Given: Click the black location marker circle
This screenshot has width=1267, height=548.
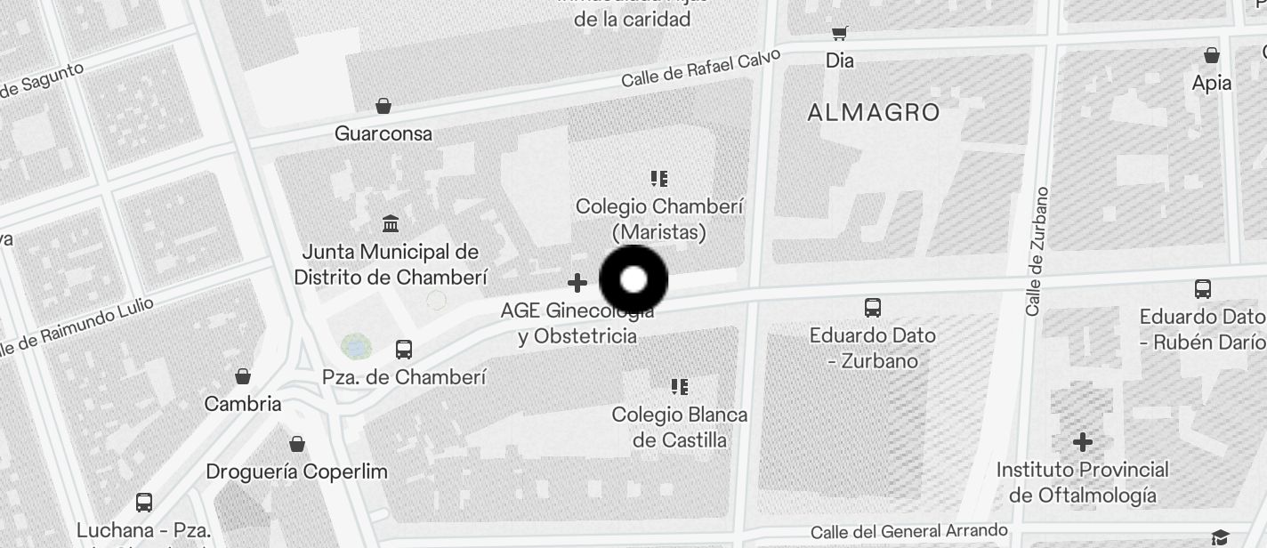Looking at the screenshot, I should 633,279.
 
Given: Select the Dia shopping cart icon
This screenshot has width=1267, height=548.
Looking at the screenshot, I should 839,34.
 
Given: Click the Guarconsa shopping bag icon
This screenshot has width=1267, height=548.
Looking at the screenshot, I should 383,107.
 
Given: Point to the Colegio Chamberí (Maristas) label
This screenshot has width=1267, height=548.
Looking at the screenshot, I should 659,219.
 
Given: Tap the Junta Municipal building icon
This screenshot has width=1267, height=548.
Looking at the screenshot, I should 390,223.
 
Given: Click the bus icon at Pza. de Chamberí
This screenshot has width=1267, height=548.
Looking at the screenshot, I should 404,350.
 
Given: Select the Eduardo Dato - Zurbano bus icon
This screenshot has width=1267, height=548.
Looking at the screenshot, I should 873,308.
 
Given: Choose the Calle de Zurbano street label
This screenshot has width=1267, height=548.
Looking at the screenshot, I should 1037,251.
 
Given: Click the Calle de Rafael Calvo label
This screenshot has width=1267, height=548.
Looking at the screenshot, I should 700,68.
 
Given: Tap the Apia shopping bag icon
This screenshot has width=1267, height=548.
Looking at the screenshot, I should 1211,55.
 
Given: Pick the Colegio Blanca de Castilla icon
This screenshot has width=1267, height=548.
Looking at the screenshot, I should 680,387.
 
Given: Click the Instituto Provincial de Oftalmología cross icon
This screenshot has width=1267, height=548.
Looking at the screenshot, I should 1082,442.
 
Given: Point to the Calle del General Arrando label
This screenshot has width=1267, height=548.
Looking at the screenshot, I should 908,531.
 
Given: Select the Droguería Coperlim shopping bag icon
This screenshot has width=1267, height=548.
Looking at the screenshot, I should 297,444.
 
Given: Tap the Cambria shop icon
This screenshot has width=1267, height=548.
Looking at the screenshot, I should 243,376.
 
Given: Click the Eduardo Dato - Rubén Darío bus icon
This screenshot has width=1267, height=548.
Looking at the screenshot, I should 1203,289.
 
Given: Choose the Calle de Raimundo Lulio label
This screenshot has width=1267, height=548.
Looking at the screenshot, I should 76,327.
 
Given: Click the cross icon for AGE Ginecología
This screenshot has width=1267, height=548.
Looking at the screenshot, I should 577,283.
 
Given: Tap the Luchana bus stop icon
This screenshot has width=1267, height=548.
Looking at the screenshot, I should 144,503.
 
